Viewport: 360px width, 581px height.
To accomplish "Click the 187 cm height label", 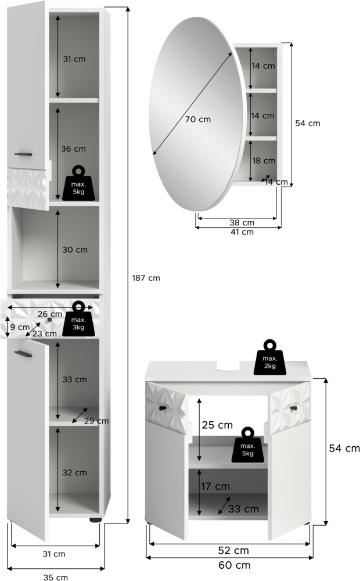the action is click(x=146, y=278).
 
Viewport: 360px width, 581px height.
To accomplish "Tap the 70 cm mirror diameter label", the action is click(x=198, y=119).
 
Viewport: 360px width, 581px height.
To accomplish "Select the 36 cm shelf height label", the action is click(x=73, y=149).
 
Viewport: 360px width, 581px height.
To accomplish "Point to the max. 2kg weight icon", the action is click(x=270, y=357).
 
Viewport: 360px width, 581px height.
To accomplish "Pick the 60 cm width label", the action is click(x=235, y=565).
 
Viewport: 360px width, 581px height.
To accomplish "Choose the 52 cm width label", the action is click(x=233, y=551).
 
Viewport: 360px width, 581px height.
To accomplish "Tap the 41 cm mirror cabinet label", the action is click(x=242, y=232).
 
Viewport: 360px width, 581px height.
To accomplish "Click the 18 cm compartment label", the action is click(x=264, y=161).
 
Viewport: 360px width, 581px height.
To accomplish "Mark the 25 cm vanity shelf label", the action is click(x=217, y=425).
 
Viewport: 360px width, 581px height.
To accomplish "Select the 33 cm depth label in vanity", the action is click(x=243, y=509).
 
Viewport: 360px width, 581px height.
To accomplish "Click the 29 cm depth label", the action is click(x=96, y=421).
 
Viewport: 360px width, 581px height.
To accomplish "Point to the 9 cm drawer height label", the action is click(x=20, y=327).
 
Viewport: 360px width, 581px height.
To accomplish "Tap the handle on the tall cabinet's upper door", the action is click(x=23, y=154).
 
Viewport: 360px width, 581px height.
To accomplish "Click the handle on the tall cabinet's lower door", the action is click(x=23, y=354).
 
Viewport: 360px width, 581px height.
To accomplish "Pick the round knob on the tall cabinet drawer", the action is click(x=49, y=320).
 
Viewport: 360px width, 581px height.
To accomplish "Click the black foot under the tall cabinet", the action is click(x=96, y=520).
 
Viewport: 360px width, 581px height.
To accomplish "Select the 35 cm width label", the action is click(x=56, y=577).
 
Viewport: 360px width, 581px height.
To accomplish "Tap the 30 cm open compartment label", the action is click(x=75, y=250).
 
